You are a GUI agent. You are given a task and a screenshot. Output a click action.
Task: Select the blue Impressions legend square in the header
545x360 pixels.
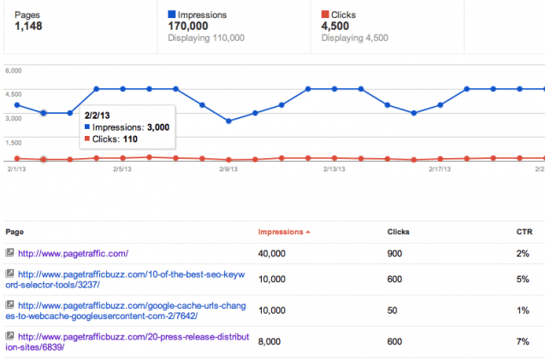tap(172, 15)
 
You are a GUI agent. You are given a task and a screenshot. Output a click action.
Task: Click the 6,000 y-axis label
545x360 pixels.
tap(15, 72)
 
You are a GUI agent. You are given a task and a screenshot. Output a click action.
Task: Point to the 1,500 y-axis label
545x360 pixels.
tap(15, 143)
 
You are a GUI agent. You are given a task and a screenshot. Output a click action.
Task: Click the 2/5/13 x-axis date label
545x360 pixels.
tap(122, 169)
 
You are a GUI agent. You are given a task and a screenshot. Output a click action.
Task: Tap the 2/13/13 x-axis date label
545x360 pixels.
tap(334, 169)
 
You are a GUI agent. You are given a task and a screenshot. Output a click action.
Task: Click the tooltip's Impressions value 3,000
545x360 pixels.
tap(157, 127)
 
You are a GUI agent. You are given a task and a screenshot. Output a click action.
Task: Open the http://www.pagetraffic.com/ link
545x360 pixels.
tap(73, 253)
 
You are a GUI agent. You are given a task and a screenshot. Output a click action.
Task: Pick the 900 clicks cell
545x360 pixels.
tap(394, 253)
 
